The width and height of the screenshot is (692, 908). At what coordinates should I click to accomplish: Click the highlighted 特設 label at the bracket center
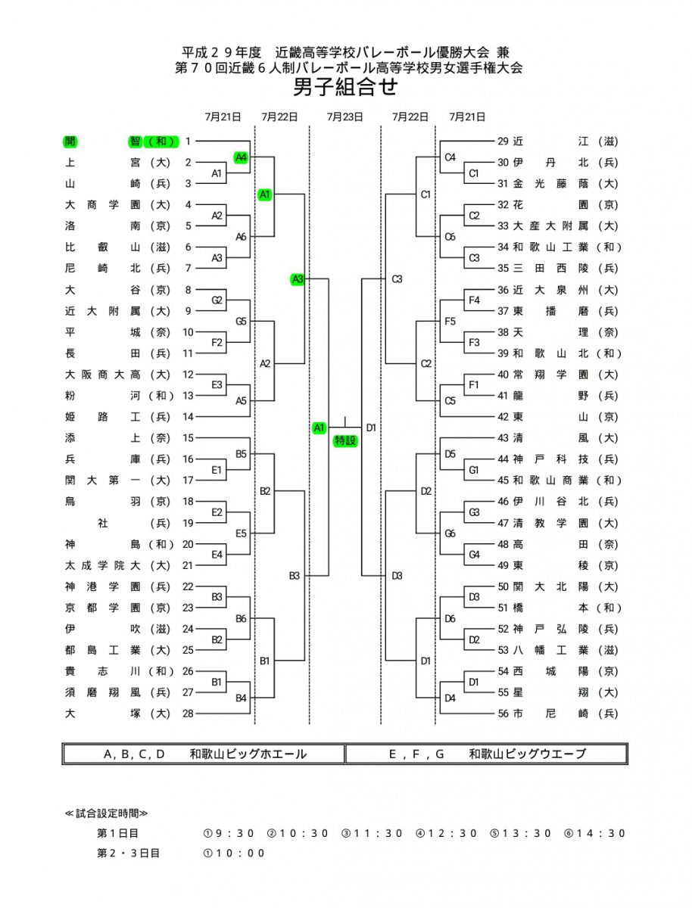coord(344,440)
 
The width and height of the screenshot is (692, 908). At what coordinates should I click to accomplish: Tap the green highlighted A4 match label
coord(241,157)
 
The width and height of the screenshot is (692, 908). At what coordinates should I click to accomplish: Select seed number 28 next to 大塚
coord(188,714)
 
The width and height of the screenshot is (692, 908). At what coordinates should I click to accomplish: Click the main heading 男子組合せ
coord(345,87)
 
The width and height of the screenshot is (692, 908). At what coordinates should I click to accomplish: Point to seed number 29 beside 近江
coord(503,141)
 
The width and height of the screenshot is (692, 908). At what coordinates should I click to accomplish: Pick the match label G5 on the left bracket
coord(241,322)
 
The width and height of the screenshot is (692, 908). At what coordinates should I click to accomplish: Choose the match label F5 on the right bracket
coord(450,322)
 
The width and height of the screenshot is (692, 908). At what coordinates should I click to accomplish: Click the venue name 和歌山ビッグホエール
coord(248,754)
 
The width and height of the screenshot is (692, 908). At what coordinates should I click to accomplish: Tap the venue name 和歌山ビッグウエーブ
coord(527,754)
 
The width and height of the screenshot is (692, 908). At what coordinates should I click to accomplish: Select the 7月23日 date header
coord(344,117)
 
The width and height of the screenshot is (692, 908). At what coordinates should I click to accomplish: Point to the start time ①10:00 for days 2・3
coord(234,853)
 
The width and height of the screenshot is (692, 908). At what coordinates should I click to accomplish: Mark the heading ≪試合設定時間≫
coord(106,813)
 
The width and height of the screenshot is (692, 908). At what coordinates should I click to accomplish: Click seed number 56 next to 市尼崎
coord(503,714)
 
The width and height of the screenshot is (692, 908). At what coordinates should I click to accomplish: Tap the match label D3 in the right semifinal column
coord(397,575)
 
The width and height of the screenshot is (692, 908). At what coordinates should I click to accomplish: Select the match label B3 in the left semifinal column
coord(295,575)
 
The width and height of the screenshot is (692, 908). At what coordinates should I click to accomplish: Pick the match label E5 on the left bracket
coord(241,533)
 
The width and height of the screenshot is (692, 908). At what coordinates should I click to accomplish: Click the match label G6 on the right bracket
coord(450,533)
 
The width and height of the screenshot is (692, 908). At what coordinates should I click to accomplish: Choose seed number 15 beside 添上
coord(188,437)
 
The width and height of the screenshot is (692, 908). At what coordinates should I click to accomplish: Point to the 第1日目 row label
coord(117,833)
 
